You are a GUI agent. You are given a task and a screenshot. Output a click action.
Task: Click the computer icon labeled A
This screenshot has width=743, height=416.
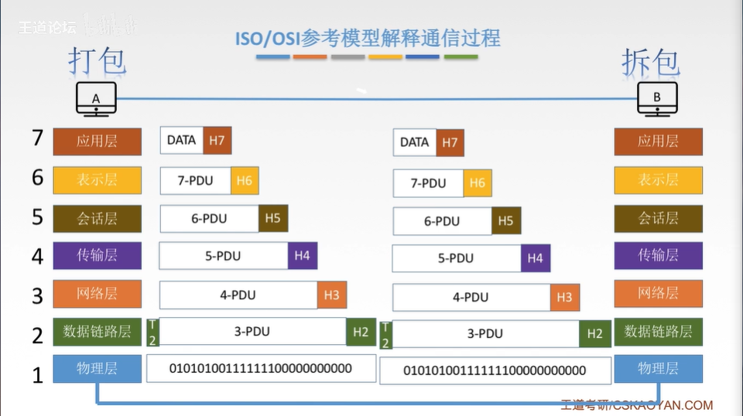tap(96, 99)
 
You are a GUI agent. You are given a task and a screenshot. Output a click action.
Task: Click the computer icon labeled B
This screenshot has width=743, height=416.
tap(657, 99)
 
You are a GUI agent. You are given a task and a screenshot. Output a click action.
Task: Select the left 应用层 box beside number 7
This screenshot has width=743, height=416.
tap(97, 142)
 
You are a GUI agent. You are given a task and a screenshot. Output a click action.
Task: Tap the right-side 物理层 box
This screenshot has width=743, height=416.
tap(658, 369)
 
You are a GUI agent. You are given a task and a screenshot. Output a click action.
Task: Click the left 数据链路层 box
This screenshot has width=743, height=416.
tap(97, 332)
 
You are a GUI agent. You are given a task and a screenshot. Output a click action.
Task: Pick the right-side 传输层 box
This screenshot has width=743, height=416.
tap(658, 256)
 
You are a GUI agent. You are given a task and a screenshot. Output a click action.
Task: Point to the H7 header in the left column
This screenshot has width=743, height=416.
tap(217, 141)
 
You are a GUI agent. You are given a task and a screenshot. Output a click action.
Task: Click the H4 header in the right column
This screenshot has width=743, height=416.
tap(536, 258)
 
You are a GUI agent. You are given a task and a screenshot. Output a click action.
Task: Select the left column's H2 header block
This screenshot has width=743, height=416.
tap(360, 332)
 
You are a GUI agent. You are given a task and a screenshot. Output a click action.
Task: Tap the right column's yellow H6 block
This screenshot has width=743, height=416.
tap(478, 183)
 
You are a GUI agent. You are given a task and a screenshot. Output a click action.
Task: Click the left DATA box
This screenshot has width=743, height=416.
tap(182, 141)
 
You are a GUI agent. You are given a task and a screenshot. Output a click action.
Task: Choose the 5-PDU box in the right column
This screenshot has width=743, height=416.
tap(456, 258)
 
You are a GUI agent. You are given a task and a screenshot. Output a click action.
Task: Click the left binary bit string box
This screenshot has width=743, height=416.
tap(261, 369)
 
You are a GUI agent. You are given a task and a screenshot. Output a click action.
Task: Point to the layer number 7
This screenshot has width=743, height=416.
tap(37, 138)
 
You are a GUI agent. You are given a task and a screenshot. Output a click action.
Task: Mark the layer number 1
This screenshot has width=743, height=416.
tap(37, 376)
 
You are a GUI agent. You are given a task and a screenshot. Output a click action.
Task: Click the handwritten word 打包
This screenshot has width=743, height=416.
tap(97, 61)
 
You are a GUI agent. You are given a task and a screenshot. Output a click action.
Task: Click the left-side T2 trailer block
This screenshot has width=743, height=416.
tap(152, 332)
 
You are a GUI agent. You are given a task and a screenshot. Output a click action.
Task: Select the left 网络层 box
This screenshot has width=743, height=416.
tap(97, 294)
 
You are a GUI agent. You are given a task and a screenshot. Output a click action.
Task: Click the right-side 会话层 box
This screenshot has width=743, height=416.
tap(658, 219)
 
